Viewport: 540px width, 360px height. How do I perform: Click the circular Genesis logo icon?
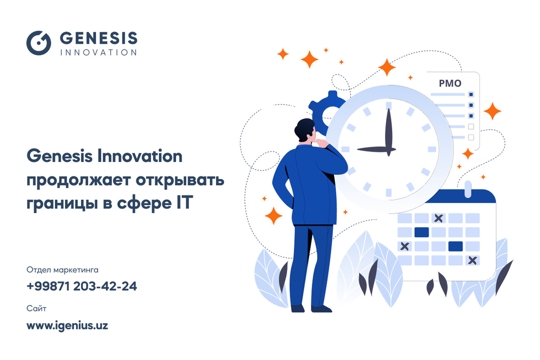(39, 43)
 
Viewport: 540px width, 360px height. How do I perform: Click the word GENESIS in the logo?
(99, 38)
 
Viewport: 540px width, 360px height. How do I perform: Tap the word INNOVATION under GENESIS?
(99, 53)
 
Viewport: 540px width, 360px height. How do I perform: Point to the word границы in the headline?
(62, 204)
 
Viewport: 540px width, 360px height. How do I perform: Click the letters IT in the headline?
(184, 202)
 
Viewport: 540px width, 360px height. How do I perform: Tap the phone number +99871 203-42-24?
(82, 286)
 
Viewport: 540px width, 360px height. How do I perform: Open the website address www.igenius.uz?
(67, 325)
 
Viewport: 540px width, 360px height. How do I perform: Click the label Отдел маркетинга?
(63, 270)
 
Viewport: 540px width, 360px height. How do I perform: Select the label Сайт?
(36, 308)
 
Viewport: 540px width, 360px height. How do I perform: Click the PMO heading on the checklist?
(450, 83)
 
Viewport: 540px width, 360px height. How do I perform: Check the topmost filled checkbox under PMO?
(471, 94)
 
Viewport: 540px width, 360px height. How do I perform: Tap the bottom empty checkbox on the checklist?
(471, 137)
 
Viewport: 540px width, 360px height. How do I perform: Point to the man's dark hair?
(304, 129)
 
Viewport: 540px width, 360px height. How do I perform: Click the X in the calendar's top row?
(438, 218)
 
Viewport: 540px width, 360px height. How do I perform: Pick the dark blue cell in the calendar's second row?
(422, 232)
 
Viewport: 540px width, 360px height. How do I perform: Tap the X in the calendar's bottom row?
(472, 261)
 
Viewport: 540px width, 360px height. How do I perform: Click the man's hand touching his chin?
(321, 143)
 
